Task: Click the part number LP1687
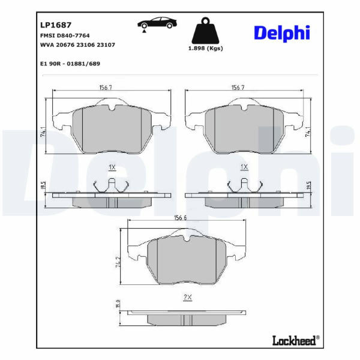tap(56, 25)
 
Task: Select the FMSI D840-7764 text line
tap(65, 35)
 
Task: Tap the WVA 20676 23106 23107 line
tap(77, 45)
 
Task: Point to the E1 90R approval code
tap(70, 64)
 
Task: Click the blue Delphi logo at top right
tap(282, 33)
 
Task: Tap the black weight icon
tap(205, 31)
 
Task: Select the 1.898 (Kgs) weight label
tap(205, 49)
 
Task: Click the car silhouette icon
tap(157, 23)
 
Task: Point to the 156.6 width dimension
tap(180, 217)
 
